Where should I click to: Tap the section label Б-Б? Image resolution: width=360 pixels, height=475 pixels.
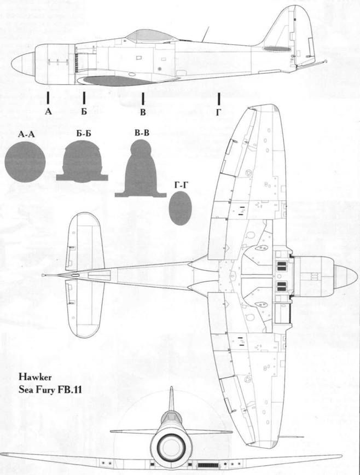click(x=84, y=133)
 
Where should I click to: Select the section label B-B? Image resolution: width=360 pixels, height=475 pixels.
click(x=141, y=133)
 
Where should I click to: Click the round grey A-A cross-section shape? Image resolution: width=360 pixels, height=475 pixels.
click(x=25, y=163)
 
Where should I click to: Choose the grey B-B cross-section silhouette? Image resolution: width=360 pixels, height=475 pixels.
click(x=141, y=170)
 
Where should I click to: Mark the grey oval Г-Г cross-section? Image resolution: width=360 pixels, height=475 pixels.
click(x=181, y=208)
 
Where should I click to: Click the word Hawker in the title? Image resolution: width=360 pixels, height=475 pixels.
click(x=33, y=378)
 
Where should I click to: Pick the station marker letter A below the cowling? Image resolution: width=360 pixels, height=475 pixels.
click(x=48, y=112)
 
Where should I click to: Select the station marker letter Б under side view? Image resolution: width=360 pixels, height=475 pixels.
click(x=84, y=112)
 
